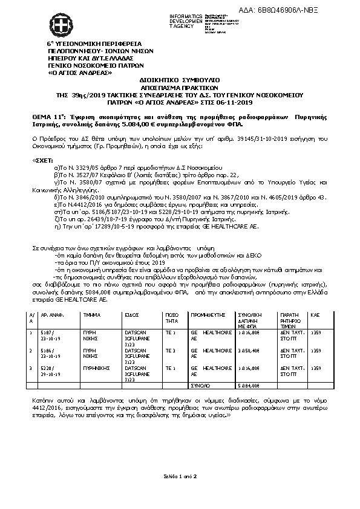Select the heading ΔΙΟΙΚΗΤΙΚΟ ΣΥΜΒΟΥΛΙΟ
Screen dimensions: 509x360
coord(179,79)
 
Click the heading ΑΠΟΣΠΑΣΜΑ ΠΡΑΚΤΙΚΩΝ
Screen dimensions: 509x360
coord(179,86)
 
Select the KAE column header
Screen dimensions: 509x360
coord(315,316)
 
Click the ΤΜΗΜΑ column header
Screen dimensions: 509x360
coord(91,316)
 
